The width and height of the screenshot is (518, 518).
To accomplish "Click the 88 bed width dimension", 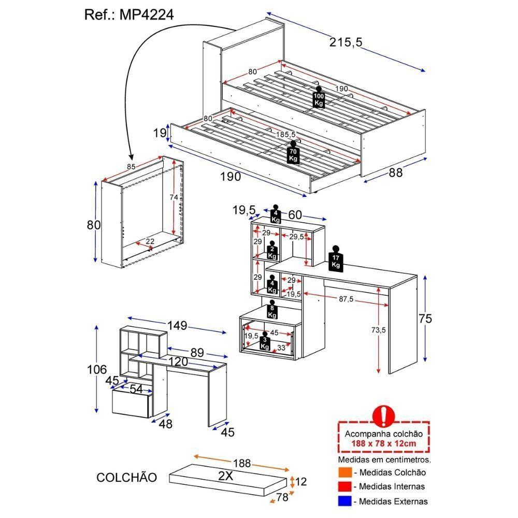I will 395,173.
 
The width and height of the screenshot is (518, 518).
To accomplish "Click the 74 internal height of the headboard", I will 174,197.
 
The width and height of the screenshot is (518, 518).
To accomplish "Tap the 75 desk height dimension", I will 425,318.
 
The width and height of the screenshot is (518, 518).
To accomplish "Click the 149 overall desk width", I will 177,326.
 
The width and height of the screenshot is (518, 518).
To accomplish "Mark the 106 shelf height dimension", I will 97,369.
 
